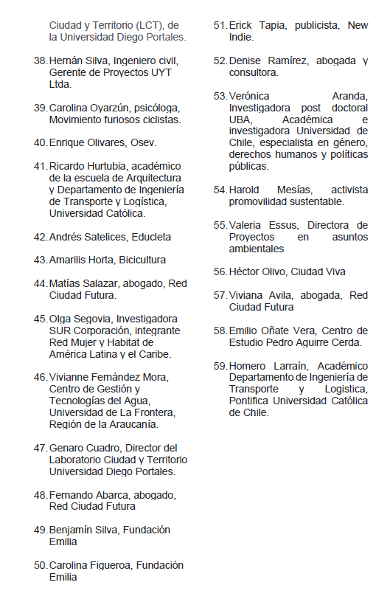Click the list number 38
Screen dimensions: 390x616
click(x=40, y=60)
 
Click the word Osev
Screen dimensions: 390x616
click(x=140, y=142)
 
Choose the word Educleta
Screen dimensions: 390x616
click(x=150, y=237)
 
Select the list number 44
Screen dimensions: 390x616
click(x=40, y=283)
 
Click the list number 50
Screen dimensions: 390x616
click(x=40, y=565)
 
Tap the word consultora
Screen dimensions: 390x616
click(x=254, y=72)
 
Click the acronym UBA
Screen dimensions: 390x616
click(x=240, y=120)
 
